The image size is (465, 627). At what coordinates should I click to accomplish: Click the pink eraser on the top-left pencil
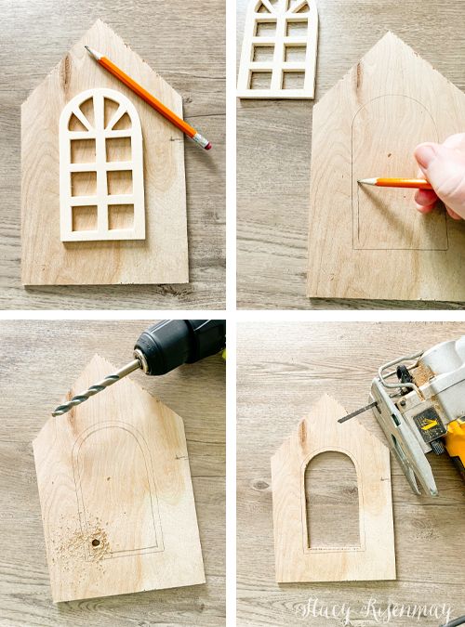click(x=205, y=143)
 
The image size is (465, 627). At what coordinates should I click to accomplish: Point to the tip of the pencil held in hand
click(x=359, y=181)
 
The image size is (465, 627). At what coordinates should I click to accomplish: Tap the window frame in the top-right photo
click(x=278, y=46)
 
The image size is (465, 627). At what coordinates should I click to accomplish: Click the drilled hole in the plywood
click(x=95, y=541)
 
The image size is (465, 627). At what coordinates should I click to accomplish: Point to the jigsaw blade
click(x=354, y=411)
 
